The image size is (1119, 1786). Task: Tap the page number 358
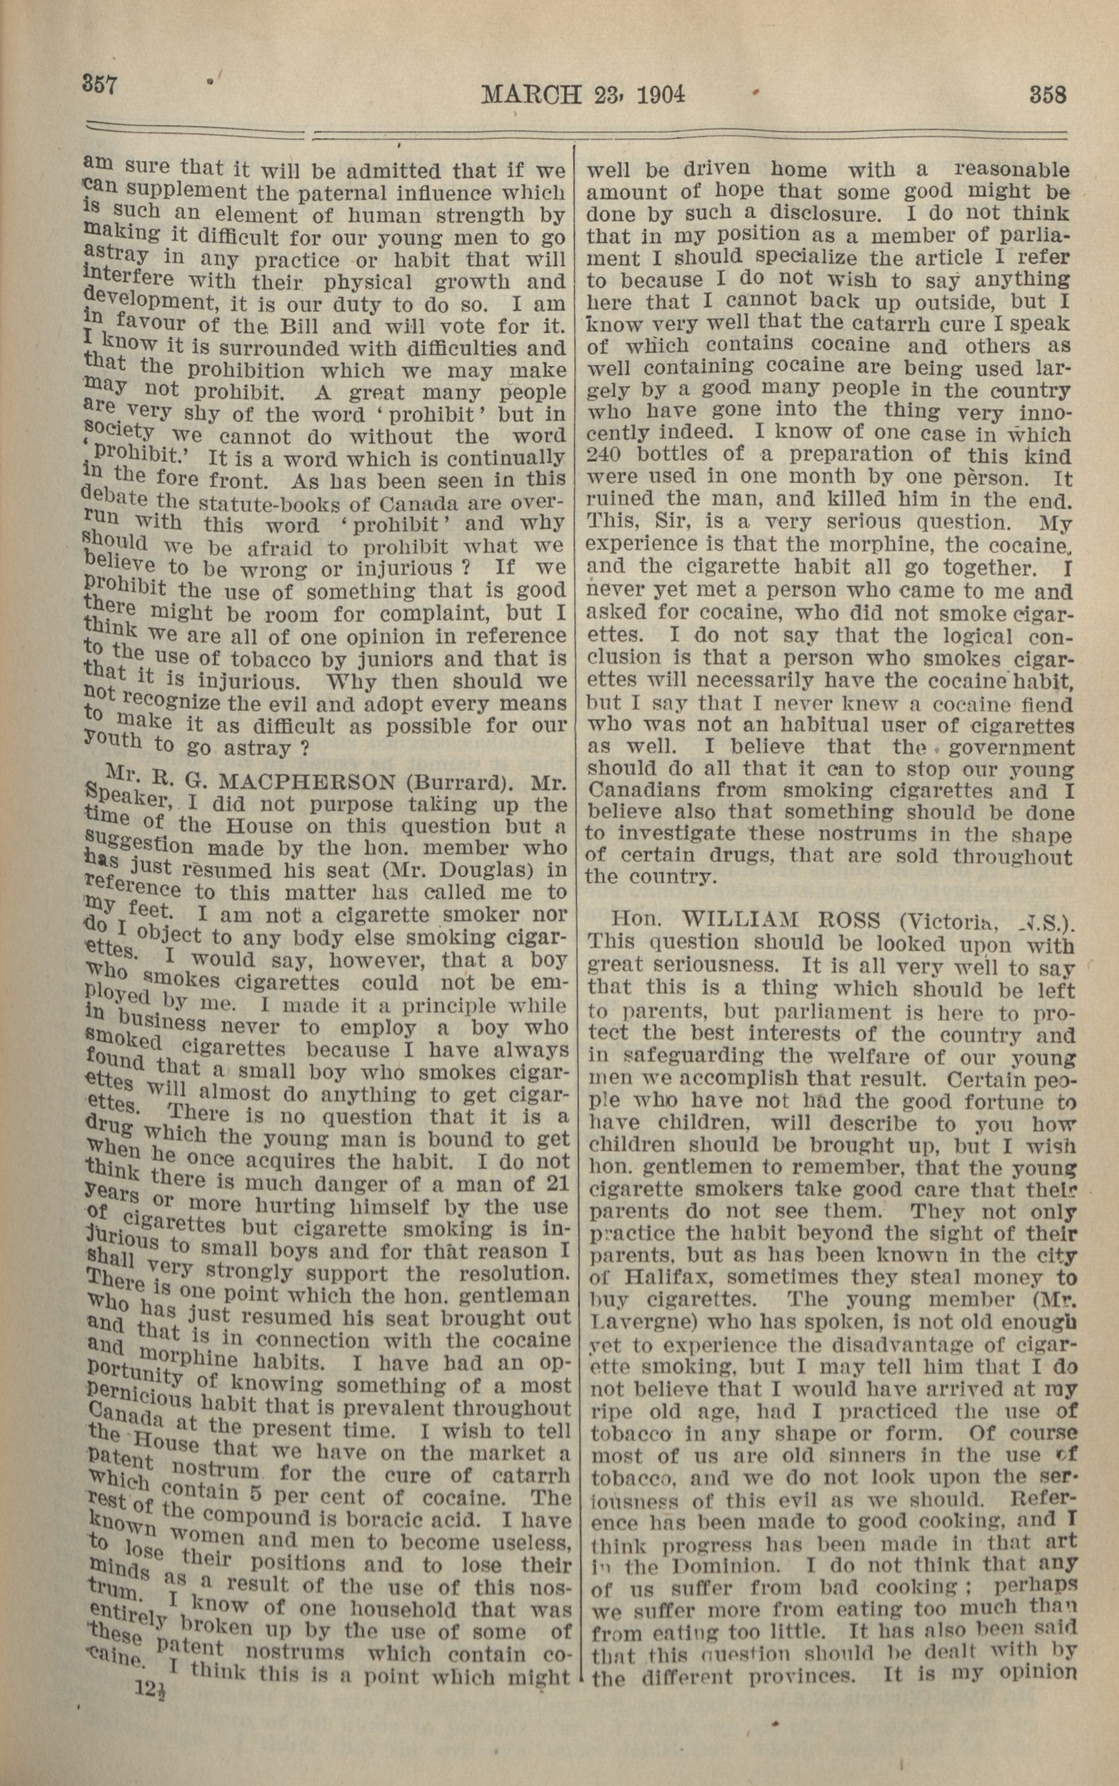coord(1048,96)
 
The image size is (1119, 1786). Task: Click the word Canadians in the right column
coord(642,791)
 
